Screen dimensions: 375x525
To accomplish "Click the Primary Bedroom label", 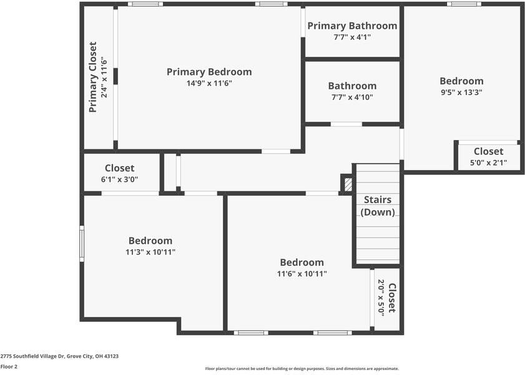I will point(209,72).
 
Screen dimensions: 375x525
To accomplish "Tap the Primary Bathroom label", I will point(352,26).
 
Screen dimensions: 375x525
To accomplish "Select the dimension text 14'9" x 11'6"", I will point(209,83).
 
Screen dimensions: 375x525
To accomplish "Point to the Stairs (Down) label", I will point(378,206).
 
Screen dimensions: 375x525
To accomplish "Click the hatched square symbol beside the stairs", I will point(348,184).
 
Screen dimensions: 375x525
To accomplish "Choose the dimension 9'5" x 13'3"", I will point(461,92).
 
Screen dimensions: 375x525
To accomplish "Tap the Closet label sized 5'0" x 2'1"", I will point(488,151).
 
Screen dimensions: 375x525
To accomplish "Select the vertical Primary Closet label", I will point(93,77).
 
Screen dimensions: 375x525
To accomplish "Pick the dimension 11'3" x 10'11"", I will point(150,252).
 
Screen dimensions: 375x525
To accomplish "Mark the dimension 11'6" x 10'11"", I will point(302,274).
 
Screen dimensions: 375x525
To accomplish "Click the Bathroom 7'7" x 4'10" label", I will point(352,86).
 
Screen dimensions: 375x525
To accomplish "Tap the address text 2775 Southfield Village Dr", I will point(59,356).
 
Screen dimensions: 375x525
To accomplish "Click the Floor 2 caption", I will point(9,366).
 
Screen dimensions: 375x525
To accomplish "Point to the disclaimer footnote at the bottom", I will point(302,369).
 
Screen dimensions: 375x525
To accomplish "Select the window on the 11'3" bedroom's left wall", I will point(82,243).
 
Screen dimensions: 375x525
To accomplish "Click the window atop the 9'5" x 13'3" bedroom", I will point(464,4).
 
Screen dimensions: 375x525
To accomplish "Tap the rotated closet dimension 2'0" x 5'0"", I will point(381,297).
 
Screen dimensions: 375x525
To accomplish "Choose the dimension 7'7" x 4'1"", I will point(352,37).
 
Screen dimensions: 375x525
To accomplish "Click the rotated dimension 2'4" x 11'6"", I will point(104,77).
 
